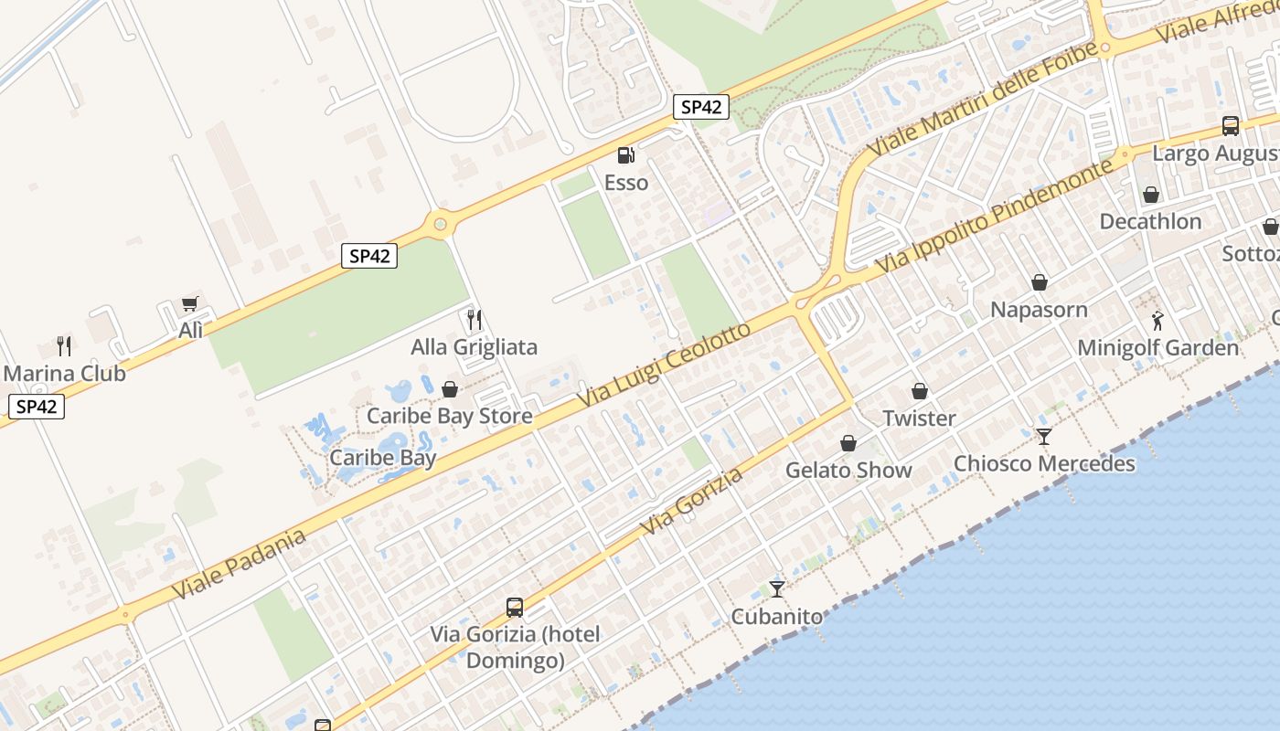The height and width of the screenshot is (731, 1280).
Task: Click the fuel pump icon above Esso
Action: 625,155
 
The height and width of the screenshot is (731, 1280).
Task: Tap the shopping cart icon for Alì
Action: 190,303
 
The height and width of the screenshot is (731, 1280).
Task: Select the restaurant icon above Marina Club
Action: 64,345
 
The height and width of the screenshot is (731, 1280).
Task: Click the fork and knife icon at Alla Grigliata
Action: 474,319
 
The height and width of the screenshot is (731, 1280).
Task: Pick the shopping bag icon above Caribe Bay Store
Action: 449,389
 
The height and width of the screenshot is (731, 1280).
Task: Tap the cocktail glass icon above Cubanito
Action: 777,588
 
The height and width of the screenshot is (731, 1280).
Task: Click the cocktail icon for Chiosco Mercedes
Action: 1044,436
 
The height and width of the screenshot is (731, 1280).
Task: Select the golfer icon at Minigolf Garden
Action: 1157,321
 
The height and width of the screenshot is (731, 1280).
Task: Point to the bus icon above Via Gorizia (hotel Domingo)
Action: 515,607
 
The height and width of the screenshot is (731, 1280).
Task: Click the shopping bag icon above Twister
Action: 919,391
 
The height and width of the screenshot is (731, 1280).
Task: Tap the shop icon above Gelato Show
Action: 848,443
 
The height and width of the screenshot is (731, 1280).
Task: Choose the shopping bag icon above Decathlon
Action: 1150,195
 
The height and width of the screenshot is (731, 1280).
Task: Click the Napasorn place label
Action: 1039,310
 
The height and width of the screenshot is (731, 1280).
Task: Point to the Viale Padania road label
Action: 239,566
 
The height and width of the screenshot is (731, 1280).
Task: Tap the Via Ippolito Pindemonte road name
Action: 996,216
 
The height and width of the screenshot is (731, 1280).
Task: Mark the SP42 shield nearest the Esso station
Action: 701,107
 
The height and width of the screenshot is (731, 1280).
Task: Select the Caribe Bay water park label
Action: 382,458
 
